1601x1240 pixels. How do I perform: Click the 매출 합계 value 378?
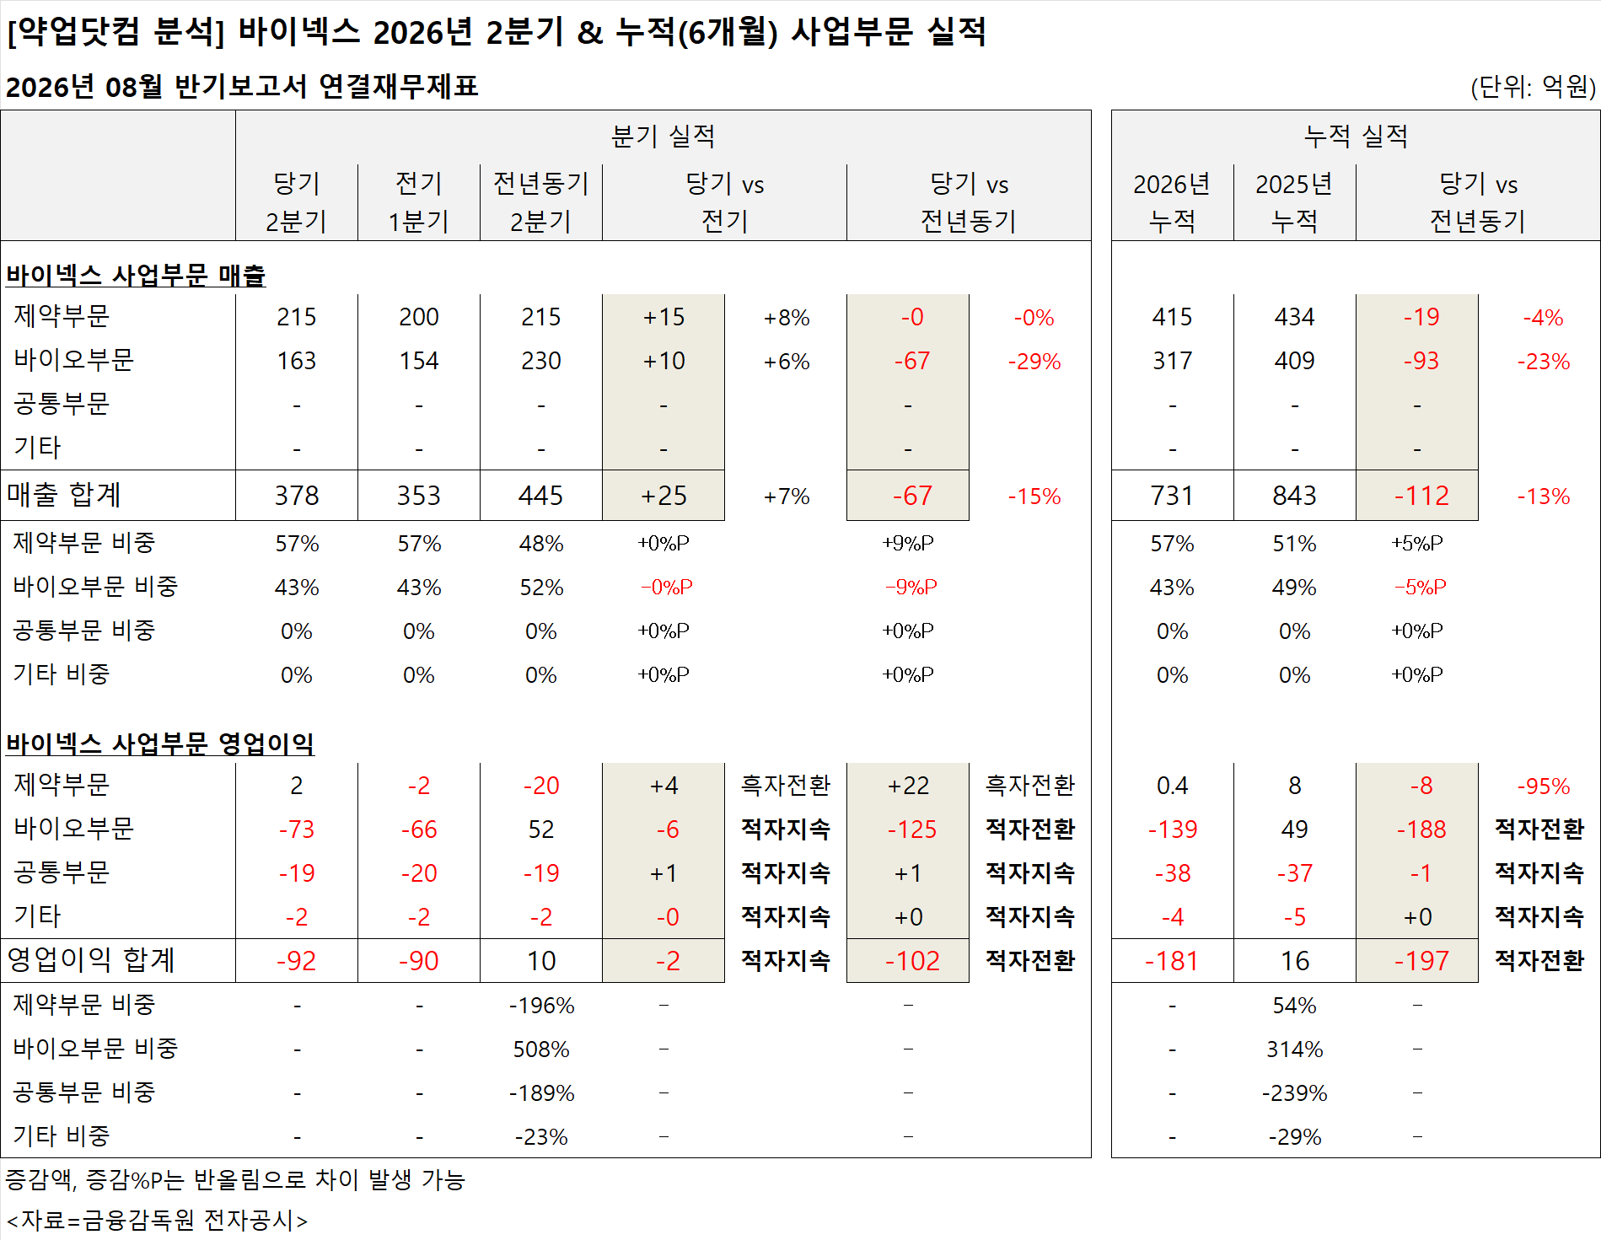pos(297,496)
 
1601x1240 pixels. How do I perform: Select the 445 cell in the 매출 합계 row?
pos(541,496)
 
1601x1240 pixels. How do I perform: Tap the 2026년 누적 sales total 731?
pos(1172,496)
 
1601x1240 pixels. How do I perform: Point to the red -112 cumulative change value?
pos(1421,496)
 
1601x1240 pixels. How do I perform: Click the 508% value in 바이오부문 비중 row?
pos(541,1049)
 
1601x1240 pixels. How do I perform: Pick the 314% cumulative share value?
pos(1295,1049)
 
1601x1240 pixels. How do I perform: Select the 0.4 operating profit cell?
pos(1172,786)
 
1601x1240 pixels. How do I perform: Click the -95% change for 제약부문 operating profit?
pos(1544,786)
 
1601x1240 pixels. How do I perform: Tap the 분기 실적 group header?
pos(664,136)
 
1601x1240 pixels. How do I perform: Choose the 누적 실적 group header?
pos(1356,136)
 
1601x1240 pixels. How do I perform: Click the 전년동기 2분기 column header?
pos(541,202)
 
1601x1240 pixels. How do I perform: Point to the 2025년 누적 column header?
pos(1294,202)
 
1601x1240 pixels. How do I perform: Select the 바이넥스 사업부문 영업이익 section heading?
pos(160,743)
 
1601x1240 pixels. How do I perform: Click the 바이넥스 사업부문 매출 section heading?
pos(136,275)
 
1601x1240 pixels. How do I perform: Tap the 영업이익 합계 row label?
pos(91,960)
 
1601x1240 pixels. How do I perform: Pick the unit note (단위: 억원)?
pos(1533,87)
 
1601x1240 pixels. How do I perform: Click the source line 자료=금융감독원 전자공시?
pos(157,1220)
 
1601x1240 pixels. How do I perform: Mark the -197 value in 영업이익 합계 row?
pos(1421,961)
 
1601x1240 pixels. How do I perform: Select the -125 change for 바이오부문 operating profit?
pos(911,829)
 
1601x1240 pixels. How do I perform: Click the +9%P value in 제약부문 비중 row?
pos(908,543)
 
